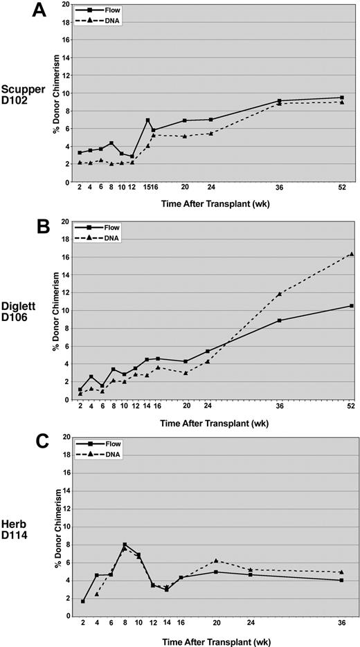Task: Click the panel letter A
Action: click(17, 13)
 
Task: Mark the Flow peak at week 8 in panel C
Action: click(125, 545)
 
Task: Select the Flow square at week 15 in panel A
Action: click(147, 120)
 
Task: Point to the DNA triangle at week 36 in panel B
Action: click(279, 294)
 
